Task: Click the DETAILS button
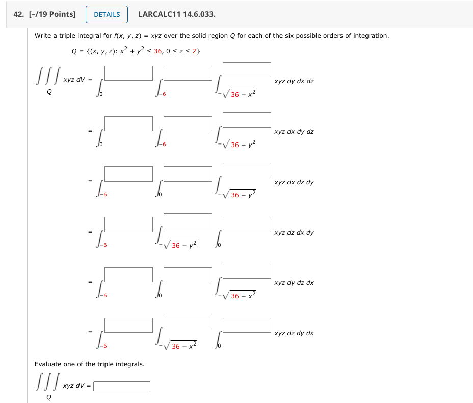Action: pos(107,14)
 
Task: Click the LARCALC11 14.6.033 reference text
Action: pos(176,14)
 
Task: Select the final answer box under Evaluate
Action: pos(122,386)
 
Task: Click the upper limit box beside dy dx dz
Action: pos(247,70)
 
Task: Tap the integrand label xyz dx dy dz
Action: pos(294,132)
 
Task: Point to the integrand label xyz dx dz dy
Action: pos(294,182)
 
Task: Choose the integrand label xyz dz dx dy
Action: pos(294,233)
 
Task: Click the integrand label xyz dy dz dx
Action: pos(294,283)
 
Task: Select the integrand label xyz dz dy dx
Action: pos(294,333)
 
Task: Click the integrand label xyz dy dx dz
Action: pos(294,81)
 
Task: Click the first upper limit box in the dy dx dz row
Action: pos(128,73)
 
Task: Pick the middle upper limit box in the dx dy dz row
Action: pos(188,124)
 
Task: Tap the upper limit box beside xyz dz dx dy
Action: pos(247,224)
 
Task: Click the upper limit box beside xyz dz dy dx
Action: pos(247,325)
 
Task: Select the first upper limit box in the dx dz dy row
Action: pos(128,174)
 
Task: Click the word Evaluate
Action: pos(48,364)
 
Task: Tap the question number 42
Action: pos(19,14)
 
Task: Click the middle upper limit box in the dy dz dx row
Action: pos(188,275)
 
